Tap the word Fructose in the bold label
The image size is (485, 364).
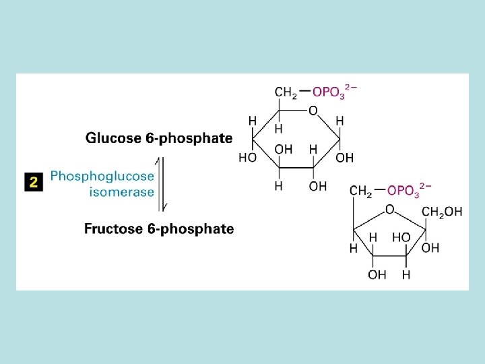click(x=111, y=229)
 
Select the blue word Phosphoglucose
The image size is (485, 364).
click(x=102, y=176)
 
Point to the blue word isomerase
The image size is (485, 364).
click(x=122, y=191)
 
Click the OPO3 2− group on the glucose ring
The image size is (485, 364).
click(x=334, y=92)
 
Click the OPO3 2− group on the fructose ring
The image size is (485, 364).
click(x=409, y=191)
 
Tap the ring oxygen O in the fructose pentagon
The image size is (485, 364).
click(x=389, y=210)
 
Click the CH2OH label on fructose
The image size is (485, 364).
click(x=442, y=212)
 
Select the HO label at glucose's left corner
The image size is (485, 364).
click(x=247, y=158)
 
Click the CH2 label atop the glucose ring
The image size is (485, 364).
click(x=286, y=92)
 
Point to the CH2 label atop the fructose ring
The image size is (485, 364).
click(x=360, y=191)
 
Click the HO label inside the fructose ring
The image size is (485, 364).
click(x=401, y=237)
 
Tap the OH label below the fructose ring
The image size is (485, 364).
click(x=377, y=275)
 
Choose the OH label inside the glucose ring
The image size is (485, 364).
click(x=284, y=149)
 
